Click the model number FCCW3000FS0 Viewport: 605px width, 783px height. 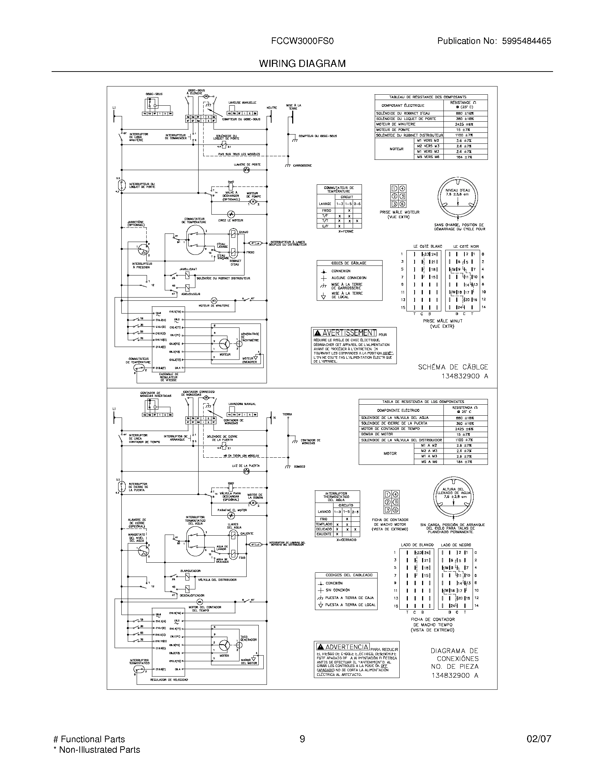302,41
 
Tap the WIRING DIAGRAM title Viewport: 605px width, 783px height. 302,64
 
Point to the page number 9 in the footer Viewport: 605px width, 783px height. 302,739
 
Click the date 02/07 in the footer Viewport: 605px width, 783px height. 539,739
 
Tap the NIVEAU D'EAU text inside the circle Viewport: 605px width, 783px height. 458,190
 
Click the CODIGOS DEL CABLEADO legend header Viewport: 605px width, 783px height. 346,575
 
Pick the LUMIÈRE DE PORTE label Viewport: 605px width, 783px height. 247,164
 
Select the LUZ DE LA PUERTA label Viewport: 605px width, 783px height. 246,466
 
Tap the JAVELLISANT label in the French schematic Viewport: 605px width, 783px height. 188,269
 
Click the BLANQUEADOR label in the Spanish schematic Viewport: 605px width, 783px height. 190,571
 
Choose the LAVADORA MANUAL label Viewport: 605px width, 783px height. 242,404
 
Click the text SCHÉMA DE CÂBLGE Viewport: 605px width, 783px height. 453,367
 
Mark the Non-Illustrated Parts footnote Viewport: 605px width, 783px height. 96,750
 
